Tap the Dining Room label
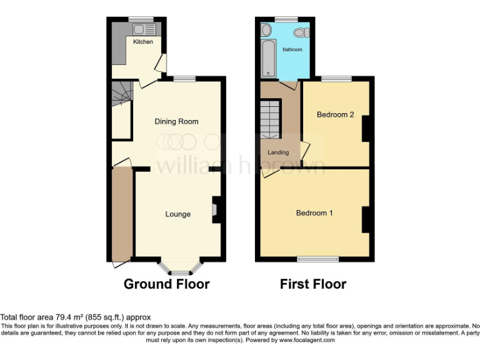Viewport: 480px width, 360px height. tap(176, 121)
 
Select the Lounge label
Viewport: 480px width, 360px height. tap(177, 214)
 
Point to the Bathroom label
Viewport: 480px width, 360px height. tap(292, 49)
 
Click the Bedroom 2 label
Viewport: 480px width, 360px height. tap(335, 114)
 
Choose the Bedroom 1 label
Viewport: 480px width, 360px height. tap(314, 213)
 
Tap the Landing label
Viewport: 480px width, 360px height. tap(278, 152)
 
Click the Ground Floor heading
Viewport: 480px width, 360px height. tap(166, 284)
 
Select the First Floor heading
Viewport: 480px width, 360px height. tap(312, 284)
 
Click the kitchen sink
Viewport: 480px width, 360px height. tap(137, 29)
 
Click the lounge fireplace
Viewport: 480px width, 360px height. tap(216, 210)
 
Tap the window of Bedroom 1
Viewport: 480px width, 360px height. tap(317, 259)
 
